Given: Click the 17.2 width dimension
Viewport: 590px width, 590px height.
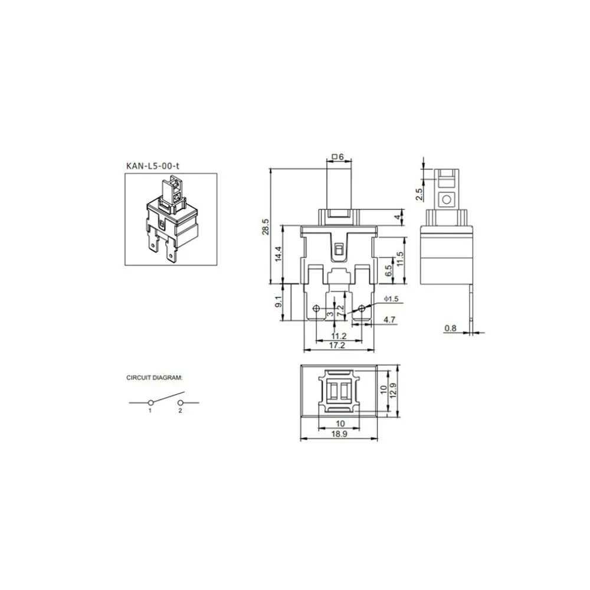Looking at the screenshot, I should [337, 346].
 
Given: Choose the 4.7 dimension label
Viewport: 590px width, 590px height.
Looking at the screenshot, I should [389, 320].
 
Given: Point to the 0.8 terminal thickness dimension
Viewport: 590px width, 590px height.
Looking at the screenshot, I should [451, 328].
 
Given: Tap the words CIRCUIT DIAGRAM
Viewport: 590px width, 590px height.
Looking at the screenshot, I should [155, 376].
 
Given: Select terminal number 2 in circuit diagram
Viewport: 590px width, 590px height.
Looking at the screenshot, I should [179, 410].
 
